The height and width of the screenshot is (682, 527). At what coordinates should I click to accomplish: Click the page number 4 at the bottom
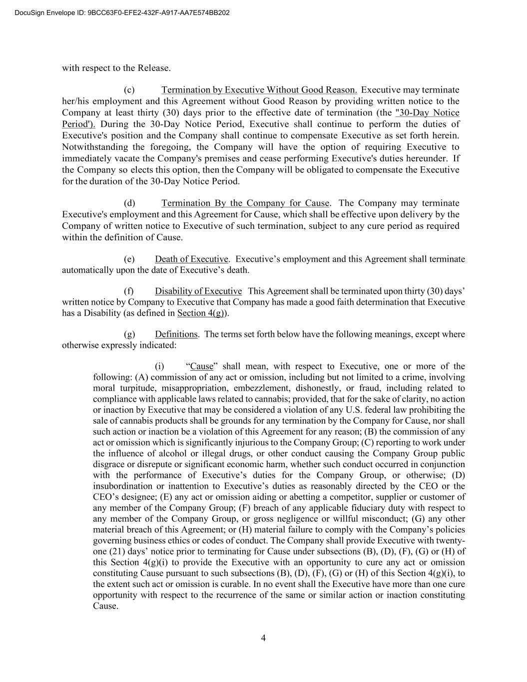(263, 638)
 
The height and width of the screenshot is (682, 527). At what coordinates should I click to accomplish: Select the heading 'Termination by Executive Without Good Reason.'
(259, 90)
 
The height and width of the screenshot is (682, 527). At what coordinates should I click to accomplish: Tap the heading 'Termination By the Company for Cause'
(245, 203)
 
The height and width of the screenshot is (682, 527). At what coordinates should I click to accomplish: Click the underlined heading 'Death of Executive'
(191, 259)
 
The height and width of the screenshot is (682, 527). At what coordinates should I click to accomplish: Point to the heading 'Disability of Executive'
(198, 291)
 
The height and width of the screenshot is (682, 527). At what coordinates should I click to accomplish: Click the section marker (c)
(129, 90)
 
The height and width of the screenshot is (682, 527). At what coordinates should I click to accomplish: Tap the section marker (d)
(129, 203)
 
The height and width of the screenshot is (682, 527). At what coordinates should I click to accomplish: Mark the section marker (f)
(129, 291)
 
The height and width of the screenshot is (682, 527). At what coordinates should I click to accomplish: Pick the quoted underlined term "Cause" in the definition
(202, 366)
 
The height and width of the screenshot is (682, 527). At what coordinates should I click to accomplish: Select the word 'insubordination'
(120, 486)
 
